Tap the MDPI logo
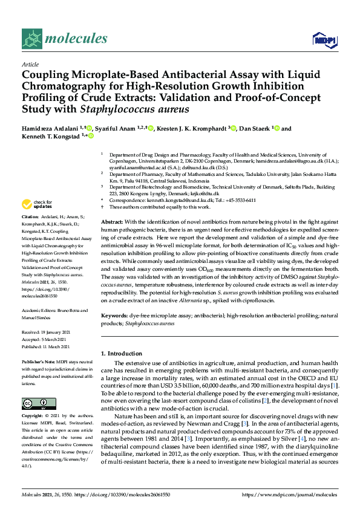click(x=322, y=40)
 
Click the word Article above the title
click(x=30, y=63)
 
